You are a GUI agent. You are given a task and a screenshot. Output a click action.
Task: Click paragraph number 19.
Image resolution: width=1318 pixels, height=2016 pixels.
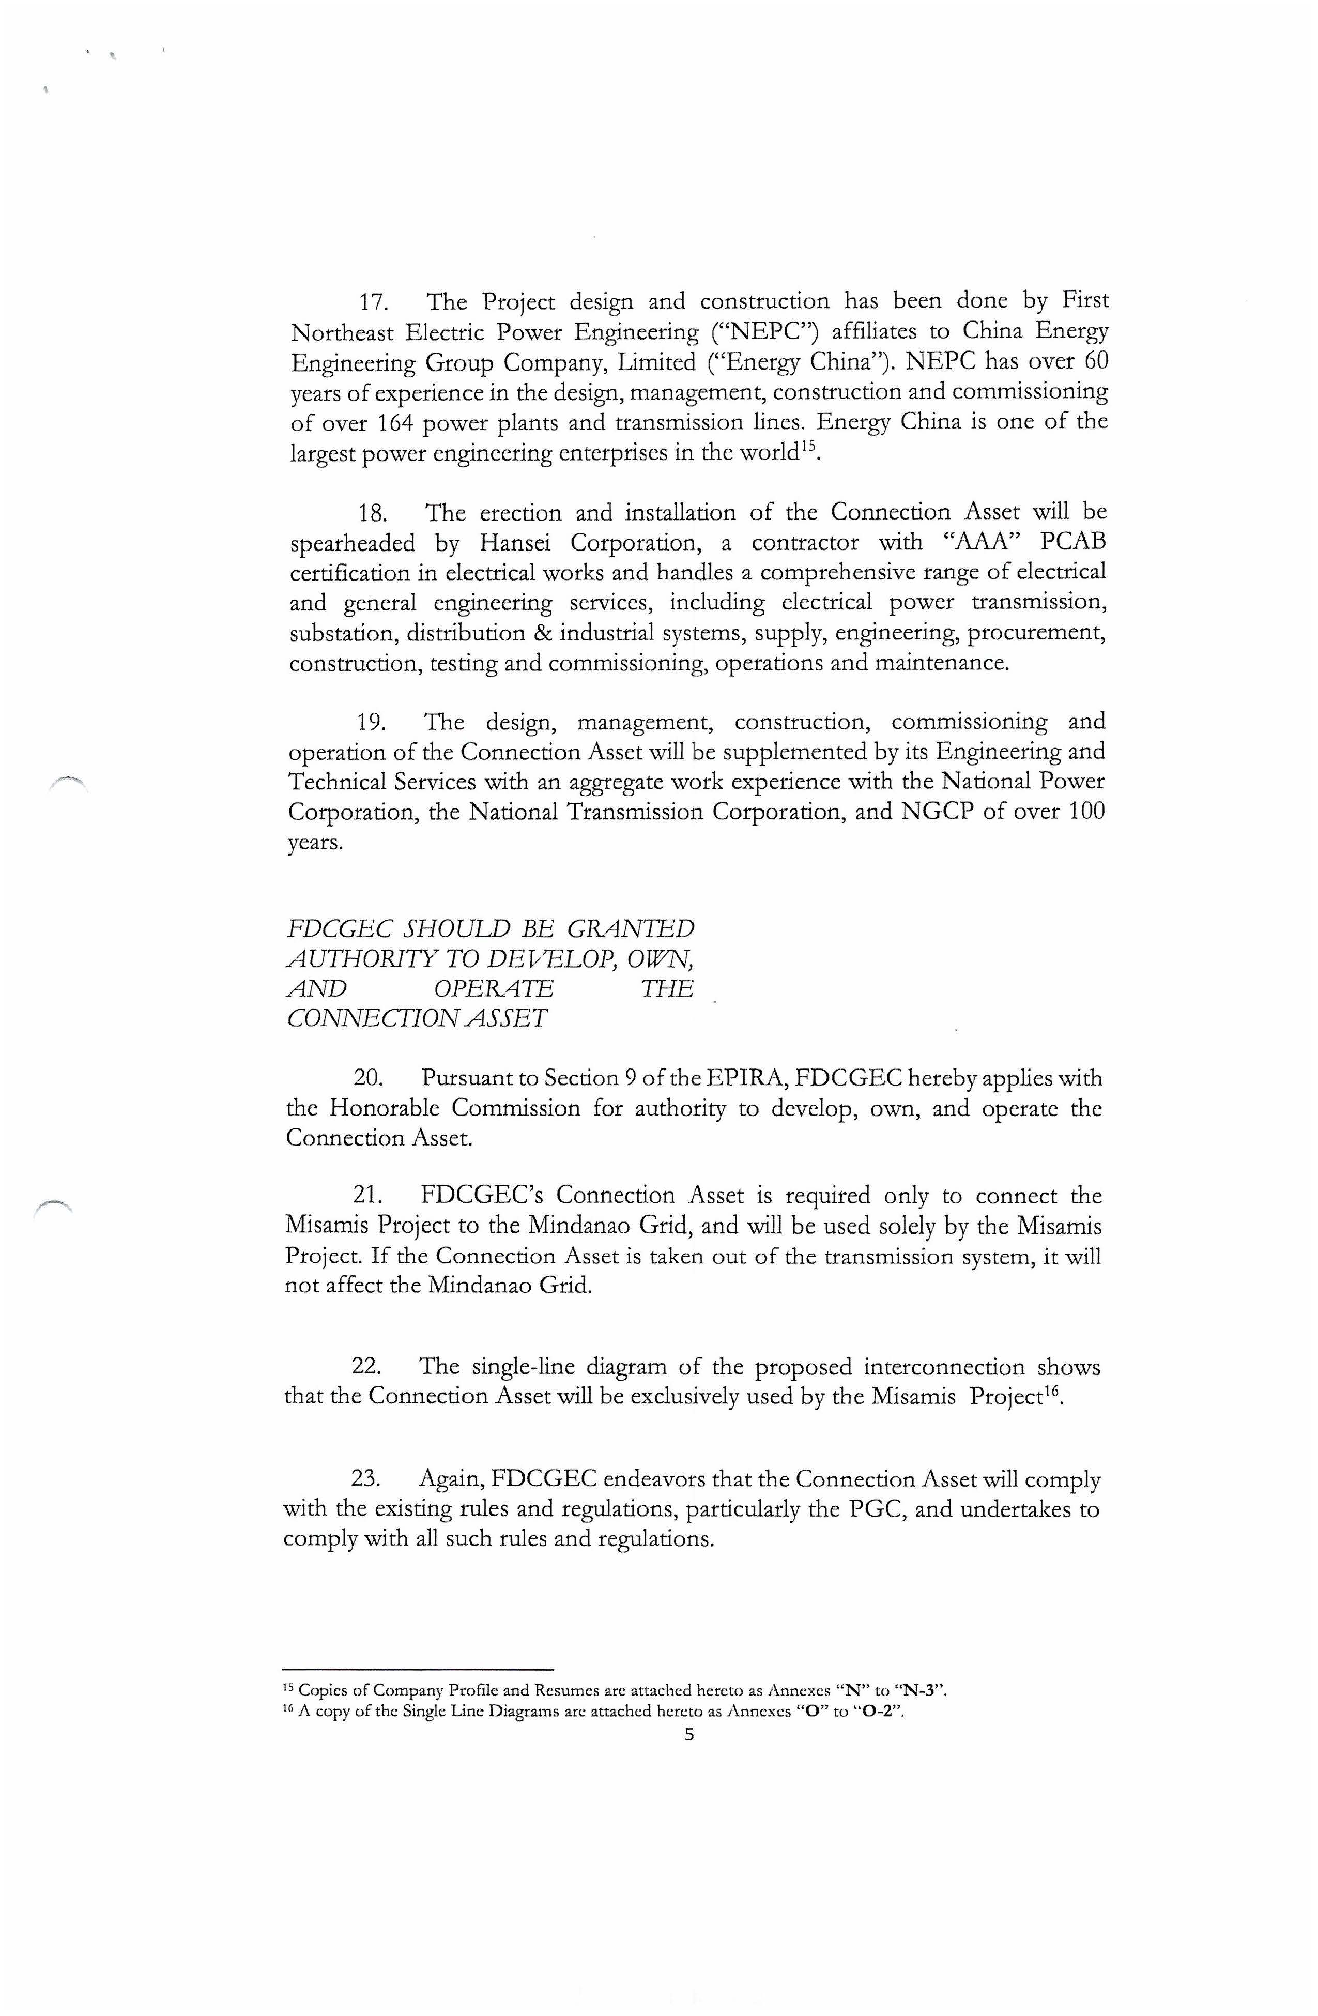click(372, 723)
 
